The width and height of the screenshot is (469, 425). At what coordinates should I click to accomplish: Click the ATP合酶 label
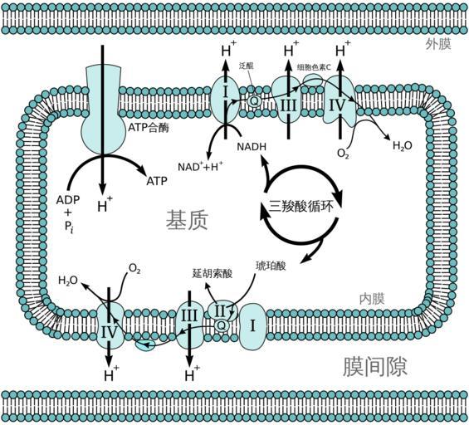(149, 127)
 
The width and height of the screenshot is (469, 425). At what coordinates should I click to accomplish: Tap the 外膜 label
(438, 45)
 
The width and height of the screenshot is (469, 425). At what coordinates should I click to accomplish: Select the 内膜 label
(372, 299)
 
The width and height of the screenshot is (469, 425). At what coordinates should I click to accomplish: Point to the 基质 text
(187, 220)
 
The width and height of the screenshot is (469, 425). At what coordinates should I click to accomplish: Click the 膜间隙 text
(374, 366)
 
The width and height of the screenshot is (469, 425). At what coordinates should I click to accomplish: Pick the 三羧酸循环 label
(300, 207)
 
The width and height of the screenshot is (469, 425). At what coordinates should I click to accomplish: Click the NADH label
(252, 147)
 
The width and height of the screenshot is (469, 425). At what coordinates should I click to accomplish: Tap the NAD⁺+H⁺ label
(200, 166)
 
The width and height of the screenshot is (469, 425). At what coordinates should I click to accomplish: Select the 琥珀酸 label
(271, 266)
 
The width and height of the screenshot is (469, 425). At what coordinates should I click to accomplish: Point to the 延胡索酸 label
(213, 274)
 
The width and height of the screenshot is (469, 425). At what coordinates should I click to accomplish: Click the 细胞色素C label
(314, 67)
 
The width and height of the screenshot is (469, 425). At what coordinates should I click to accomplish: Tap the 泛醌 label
(247, 66)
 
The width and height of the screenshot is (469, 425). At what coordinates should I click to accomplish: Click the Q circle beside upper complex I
(254, 100)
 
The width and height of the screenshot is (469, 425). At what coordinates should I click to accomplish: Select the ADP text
(68, 200)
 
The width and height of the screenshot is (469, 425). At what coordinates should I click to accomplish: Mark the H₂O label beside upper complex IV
(403, 146)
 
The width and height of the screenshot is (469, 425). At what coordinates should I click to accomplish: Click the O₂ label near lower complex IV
(134, 269)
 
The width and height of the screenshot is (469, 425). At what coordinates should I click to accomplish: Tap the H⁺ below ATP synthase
(105, 206)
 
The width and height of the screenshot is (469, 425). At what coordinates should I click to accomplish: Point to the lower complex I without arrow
(252, 326)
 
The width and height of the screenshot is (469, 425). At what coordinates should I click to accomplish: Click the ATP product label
(157, 181)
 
